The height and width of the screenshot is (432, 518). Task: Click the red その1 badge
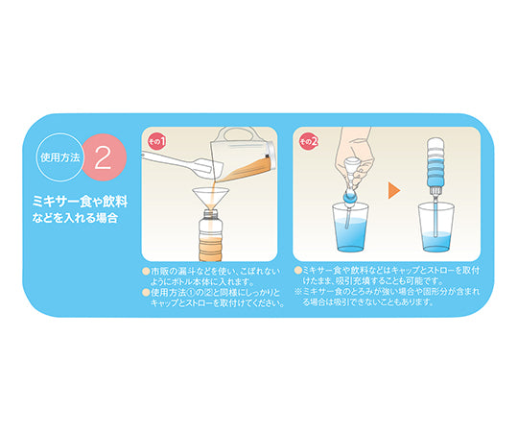[x=156, y=141]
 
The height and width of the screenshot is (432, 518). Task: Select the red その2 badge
[x=308, y=141]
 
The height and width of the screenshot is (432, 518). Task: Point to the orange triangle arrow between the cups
[x=394, y=188]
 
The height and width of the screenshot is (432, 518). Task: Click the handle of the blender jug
[x=264, y=146]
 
